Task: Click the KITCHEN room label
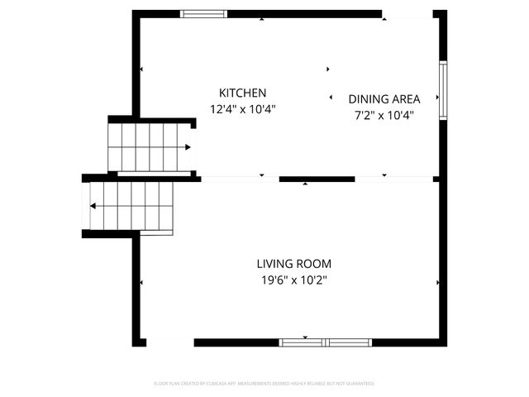pos(242,93)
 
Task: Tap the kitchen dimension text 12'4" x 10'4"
pos(242,108)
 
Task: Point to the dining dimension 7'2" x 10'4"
pos(384,115)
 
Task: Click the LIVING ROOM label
pos(293,264)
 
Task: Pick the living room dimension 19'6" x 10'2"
pos(293,280)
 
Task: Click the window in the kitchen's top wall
pos(204,13)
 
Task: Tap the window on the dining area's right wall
pos(443,90)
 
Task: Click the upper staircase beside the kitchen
pos(149,147)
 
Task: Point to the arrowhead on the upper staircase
pos(188,147)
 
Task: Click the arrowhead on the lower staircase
pos(94,206)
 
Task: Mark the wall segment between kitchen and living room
pos(317,179)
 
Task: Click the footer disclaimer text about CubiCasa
pos(264,384)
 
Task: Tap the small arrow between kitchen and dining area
pos(331,97)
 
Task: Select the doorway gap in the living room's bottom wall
pos(170,342)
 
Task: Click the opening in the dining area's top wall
pos(407,14)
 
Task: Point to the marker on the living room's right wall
pos(437,282)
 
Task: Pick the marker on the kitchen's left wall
pos(141,69)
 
